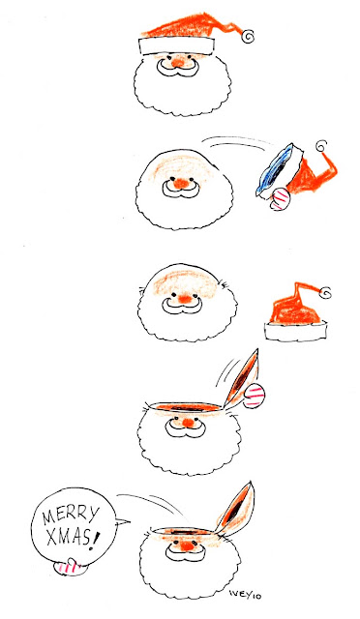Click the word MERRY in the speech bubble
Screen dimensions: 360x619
click(x=71, y=516)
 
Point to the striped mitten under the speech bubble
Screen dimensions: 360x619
click(x=70, y=567)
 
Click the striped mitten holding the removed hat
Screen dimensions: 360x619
click(x=280, y=198)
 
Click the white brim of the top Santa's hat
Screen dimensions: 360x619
click(x=177, y=45)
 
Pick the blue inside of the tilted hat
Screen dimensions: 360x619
click(x=276, y=171)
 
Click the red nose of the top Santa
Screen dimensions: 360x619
click(x=179, y=62)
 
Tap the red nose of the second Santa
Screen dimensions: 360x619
click(x=181, y=183)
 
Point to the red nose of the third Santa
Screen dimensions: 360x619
click(x=184, y=299)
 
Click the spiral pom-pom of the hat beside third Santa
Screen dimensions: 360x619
click(x=325, y=292)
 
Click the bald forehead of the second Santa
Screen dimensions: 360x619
click(x=183, y=165)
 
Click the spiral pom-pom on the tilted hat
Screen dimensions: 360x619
click(x=321, y=146)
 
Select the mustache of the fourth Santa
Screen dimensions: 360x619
click(x=183, y=428)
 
